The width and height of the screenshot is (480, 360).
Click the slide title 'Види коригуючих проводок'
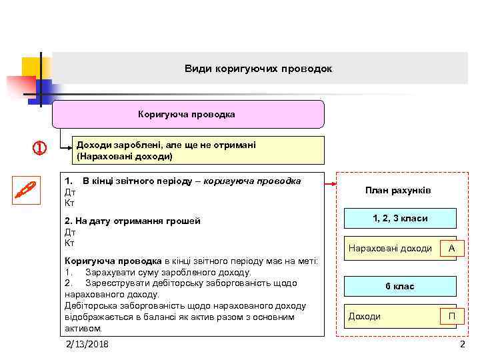click(258, 69)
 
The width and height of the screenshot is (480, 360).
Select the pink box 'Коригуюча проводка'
click(187, 114)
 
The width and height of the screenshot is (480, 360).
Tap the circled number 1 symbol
click(39, 148)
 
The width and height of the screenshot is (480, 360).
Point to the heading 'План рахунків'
click(398, 191)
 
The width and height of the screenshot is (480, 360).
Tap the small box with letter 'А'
click(452, 248)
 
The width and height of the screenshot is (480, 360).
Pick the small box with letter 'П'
click(451, 316)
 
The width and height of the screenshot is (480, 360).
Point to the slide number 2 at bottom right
click(462, 344)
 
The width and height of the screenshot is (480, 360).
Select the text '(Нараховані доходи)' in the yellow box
click(125, 157)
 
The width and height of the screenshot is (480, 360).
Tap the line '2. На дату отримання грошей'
click(132, 221)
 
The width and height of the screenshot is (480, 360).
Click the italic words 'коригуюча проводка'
click(252, 181)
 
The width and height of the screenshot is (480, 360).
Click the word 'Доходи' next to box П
click(365, 316)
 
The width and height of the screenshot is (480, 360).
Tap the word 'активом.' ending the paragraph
click(83, 328)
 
